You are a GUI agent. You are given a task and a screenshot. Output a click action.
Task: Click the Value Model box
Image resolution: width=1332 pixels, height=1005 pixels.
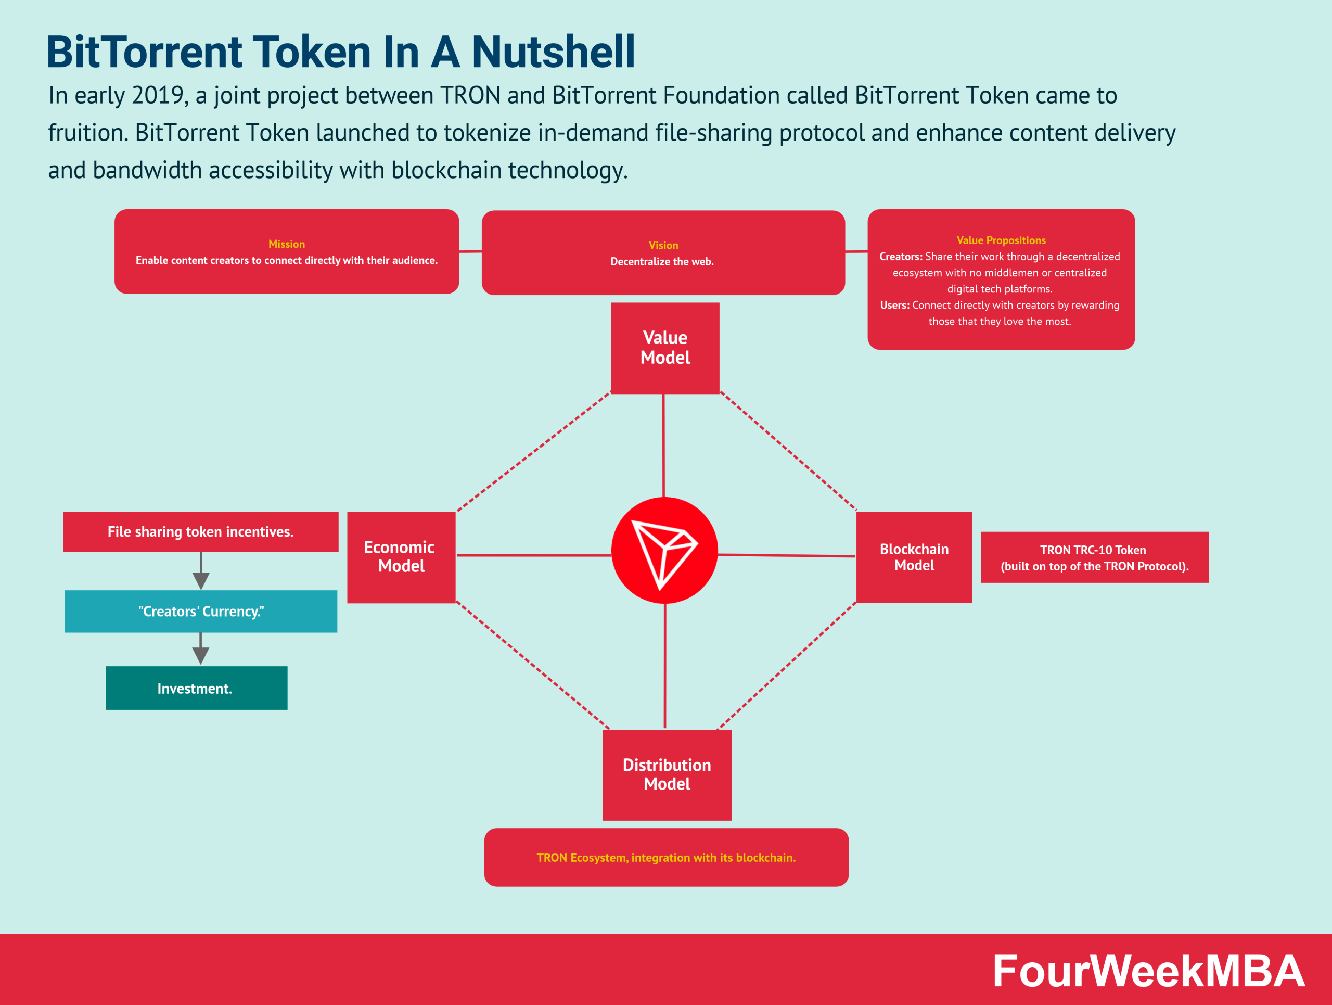665,348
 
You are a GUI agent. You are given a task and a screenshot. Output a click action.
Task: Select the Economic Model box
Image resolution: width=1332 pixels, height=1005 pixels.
401,557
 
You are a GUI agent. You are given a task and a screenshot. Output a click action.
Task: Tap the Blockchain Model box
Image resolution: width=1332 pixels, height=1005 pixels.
914,557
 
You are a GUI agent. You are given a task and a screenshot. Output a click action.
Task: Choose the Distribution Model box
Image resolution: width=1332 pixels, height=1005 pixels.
667,775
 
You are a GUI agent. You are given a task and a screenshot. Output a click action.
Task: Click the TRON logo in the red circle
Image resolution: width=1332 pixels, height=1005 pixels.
664,550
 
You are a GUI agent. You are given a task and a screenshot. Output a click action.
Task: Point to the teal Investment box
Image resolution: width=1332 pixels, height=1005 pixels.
196,688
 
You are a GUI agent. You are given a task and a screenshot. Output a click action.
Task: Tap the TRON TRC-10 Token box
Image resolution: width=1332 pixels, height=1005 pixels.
1094,557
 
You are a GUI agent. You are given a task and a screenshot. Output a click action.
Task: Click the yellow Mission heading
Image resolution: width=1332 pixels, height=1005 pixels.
287,244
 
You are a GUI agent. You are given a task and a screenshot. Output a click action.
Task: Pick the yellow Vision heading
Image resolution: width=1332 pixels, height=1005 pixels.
663,245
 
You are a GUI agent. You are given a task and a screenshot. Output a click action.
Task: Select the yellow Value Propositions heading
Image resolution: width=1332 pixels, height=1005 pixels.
1001,240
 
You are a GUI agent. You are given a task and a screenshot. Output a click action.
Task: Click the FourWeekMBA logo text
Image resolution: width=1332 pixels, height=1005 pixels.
1148,970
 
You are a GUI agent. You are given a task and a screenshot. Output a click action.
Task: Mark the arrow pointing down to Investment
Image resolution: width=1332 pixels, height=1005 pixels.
200,648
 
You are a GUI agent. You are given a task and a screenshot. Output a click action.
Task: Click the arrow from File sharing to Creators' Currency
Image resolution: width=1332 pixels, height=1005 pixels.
200,570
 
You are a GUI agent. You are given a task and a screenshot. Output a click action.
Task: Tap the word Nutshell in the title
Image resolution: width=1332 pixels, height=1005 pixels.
553,52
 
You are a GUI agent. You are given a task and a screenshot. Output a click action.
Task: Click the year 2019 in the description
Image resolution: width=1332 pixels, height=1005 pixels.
157,95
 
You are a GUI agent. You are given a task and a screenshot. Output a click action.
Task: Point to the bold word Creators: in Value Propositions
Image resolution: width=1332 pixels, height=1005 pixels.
901,257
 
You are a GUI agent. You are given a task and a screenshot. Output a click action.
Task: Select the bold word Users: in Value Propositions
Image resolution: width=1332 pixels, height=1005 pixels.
895,306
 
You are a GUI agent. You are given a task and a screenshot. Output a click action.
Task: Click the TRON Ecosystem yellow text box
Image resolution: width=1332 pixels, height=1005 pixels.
666,858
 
